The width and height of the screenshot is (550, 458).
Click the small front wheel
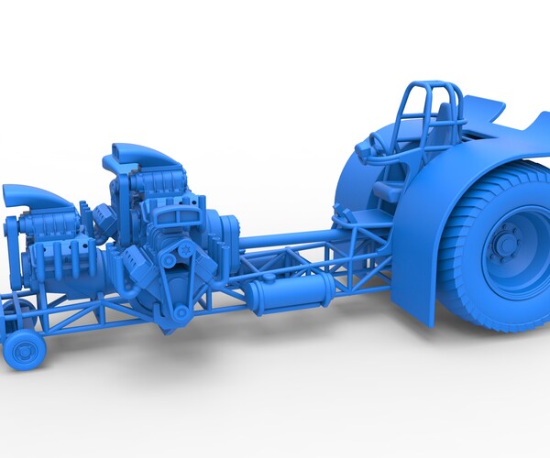coord(24,348)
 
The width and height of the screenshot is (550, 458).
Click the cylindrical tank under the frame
coord(289,295)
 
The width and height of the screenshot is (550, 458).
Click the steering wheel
coord(375,145)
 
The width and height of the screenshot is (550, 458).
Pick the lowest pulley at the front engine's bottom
coord(181,312)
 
